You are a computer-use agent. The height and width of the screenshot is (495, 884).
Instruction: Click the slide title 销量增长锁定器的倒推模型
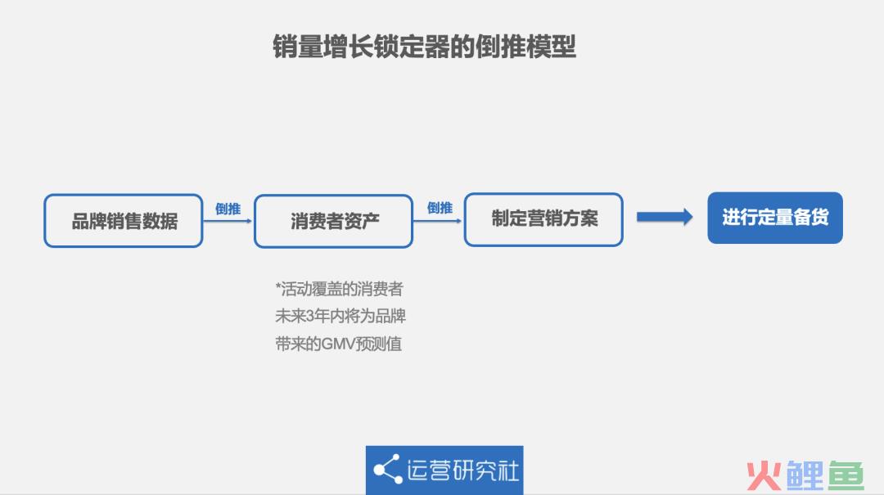tap(425, 47)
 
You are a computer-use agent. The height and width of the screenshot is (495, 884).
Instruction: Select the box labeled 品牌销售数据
tap(124, 220)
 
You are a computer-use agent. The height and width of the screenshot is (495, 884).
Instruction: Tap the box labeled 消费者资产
tap(334, 221)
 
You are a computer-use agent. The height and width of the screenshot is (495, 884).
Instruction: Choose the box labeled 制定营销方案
tap(543, 219)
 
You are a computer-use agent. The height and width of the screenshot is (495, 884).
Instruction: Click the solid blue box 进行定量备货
tap(775, 218)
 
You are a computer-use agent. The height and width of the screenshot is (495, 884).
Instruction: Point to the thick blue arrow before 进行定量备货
tap(665, 217)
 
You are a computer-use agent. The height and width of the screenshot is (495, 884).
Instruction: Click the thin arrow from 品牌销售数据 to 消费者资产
tap(228, 221)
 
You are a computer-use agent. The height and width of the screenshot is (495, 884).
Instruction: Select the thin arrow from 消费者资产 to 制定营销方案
tap(438, 221)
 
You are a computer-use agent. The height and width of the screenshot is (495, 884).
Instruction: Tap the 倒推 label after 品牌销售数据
tap(228, 209)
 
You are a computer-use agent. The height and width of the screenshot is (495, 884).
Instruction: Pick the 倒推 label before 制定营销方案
tap(440, 208)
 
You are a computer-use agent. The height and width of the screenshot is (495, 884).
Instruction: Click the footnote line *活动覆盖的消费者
tap(340, 289)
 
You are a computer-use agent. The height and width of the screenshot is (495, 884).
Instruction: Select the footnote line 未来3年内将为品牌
tap(341, 316)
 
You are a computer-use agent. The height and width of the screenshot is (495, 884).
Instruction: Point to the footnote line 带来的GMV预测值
tap(338, 344)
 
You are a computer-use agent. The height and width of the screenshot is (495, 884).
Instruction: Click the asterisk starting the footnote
tap(278, 286)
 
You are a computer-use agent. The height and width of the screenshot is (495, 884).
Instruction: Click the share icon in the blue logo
tap(387, 469)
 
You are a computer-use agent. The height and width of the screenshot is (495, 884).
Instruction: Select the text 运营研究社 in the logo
tap(462, 470)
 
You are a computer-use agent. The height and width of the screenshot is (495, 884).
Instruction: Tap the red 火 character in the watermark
tap(764, 476)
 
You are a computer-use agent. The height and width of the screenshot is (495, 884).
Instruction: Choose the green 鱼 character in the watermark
tap(846, 475)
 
